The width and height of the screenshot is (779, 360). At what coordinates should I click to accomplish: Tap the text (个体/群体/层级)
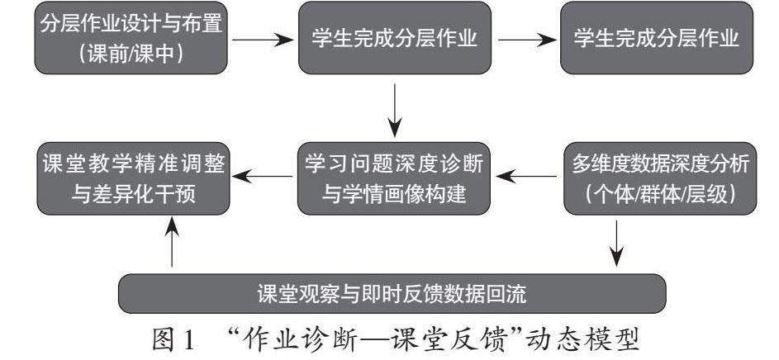click(x=660, y=195)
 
